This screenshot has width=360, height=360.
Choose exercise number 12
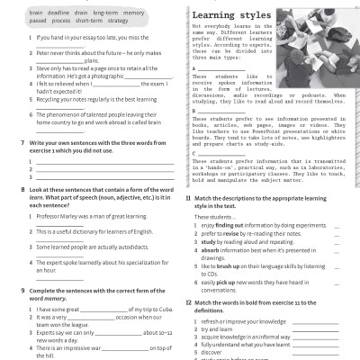(187, 301)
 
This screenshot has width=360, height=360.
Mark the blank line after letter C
(225, 154)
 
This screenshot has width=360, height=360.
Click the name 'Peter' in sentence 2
(41, 53)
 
